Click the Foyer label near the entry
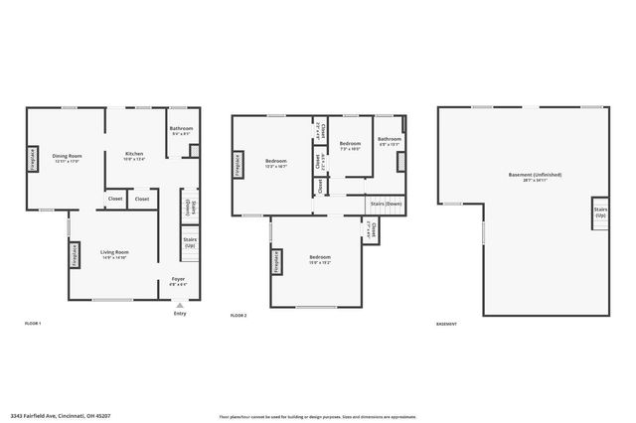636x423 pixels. (179, 281)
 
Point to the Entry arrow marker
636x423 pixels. (179, 305)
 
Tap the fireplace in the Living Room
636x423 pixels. (75, 255)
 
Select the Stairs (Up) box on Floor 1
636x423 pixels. (190, 242)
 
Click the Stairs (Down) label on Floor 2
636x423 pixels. (386, 203)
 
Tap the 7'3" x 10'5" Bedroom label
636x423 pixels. (350, 146)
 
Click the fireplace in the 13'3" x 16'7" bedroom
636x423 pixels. (238, 165)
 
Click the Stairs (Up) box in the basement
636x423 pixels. (600, 212)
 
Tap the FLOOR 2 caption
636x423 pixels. (238, 315)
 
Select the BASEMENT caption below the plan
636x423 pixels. (447, 324)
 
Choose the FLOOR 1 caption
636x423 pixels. (33, 324)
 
